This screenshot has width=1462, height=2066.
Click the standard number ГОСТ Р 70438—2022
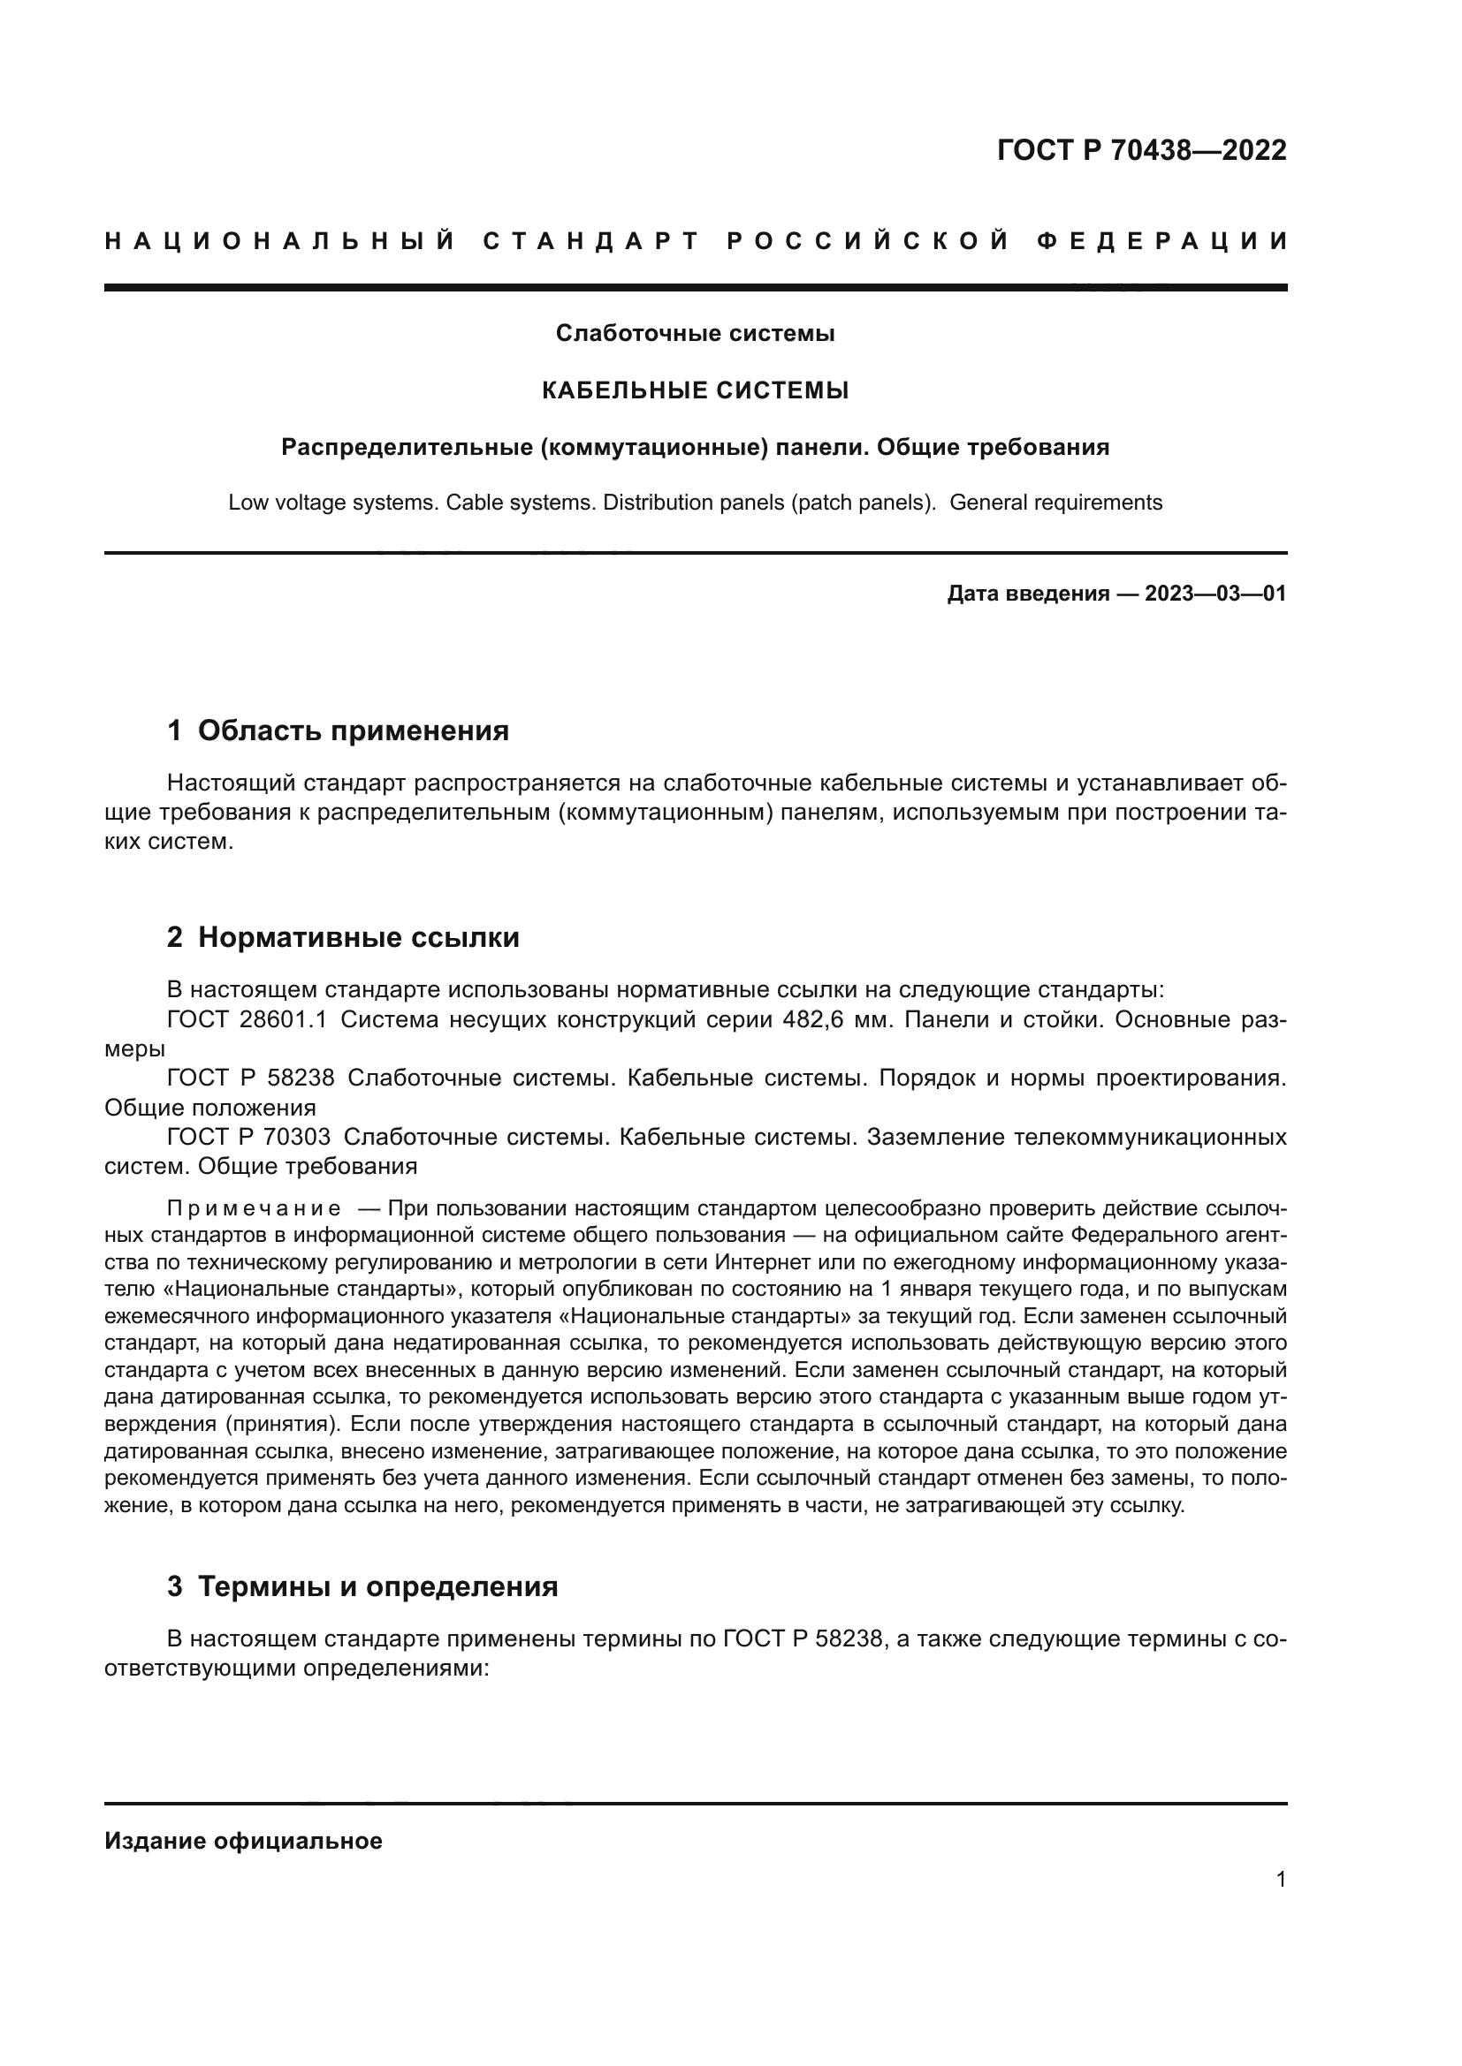point(1141,150)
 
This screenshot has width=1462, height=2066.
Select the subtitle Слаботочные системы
point(695,334)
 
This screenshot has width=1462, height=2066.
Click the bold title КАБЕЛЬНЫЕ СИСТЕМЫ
point(695,390)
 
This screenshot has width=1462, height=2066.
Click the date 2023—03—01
point(1215,594)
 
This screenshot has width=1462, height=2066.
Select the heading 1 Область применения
point(338,730)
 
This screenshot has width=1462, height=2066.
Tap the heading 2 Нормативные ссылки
point(343,938)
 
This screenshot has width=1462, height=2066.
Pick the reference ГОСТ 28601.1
point(247,1020)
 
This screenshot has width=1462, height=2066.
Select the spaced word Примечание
point(254,1207)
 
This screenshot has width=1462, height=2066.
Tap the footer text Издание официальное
point(243,1841)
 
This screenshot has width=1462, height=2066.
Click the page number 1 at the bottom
point(1280,1880)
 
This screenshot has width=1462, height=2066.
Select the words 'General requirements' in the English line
point(1055,503)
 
